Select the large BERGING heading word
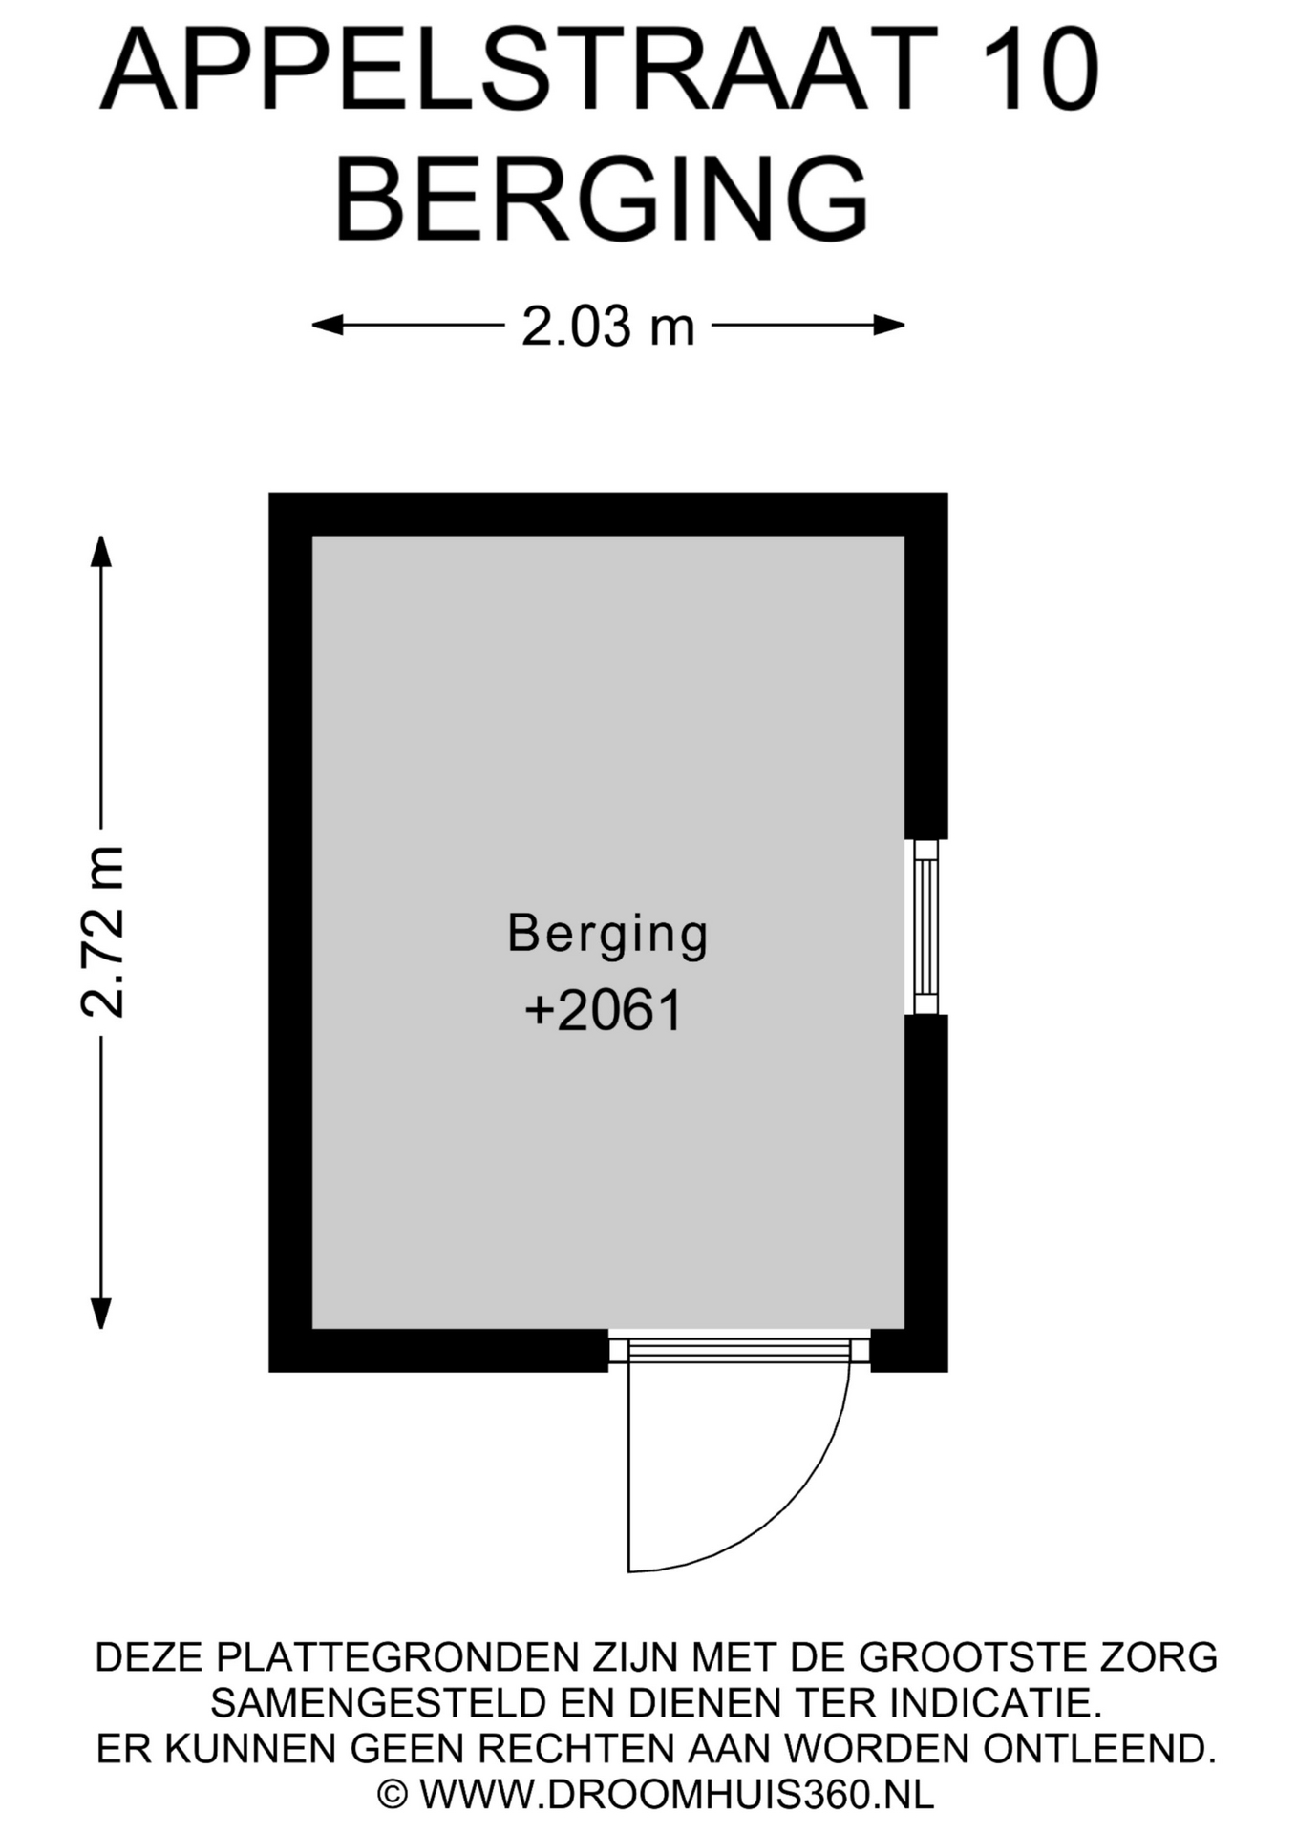[x=602, y=200]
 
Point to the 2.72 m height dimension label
[x=102, y=932]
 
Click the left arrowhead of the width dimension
[x=327, y=326]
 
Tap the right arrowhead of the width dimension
[x=889, y=326]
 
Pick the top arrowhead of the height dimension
[x=100, y=551]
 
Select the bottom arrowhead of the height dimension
[x=100, y=1314]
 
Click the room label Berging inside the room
[x=607, y=935]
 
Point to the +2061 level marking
[x=604, y=1011]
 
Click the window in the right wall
[x=925, y=926]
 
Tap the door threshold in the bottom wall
[x=739, y=1350]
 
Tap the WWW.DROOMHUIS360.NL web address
[x=676, y=1795]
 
